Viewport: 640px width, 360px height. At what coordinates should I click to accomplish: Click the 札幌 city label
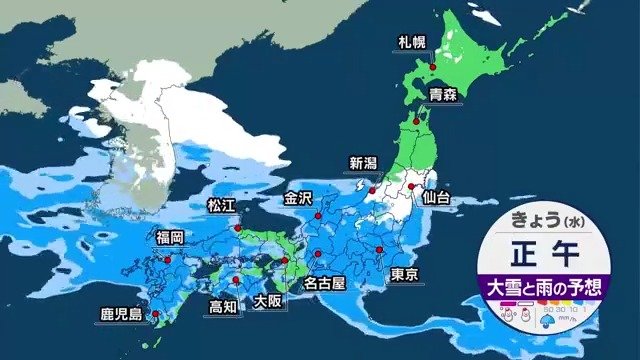tap(410, 43)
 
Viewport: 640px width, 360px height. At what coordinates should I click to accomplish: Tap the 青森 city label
tap(443, 96)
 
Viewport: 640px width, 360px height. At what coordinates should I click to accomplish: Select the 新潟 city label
tap(364, 164)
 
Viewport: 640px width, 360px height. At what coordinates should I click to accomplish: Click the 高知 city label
tap(223, 306)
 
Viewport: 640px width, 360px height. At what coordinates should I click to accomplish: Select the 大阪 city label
tap(267, 301)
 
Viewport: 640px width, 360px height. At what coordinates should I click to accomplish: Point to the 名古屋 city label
tap(324, 284)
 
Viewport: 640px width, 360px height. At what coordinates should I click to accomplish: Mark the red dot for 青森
tap(422, 103)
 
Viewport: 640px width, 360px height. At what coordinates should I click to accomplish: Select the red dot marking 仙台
tap(410, 186)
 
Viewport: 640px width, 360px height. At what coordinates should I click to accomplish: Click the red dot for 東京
tap(380, 250)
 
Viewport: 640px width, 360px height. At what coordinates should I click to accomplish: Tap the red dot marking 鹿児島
tap(150, 303)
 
